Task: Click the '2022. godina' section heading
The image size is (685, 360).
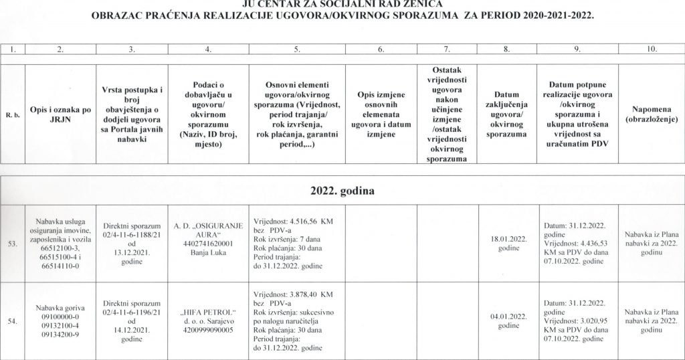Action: click(342, 190)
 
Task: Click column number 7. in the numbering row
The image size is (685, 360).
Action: click(446, 49)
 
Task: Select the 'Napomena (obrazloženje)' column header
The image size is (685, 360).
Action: click(653, 113)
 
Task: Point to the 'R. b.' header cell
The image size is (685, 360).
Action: click(12, 114)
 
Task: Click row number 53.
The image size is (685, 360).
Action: click(12, 244)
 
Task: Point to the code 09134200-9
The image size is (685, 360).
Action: click(60, 334)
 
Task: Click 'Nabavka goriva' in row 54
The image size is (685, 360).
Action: click(60, 307)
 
